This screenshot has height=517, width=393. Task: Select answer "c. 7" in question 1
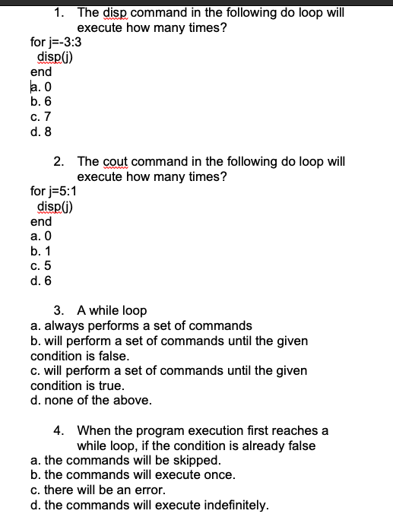coord(40,116)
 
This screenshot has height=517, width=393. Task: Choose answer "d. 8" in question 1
coord(41,131)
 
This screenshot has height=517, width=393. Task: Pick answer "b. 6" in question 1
coord(41,101)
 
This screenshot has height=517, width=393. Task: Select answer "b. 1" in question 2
coord(40,251)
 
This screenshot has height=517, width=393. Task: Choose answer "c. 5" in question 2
coord(40,265)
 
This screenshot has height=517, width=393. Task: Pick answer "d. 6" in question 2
coord(41,281)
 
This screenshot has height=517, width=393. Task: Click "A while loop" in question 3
coord(112,310)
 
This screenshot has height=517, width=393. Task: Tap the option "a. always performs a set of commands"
coord(141,325)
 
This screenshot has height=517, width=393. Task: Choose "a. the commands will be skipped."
coord(126,460)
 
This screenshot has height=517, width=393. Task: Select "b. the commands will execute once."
coord(133,475)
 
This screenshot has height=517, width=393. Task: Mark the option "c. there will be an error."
coord(106,490)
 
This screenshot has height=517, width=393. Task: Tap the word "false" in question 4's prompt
coord(300,446)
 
